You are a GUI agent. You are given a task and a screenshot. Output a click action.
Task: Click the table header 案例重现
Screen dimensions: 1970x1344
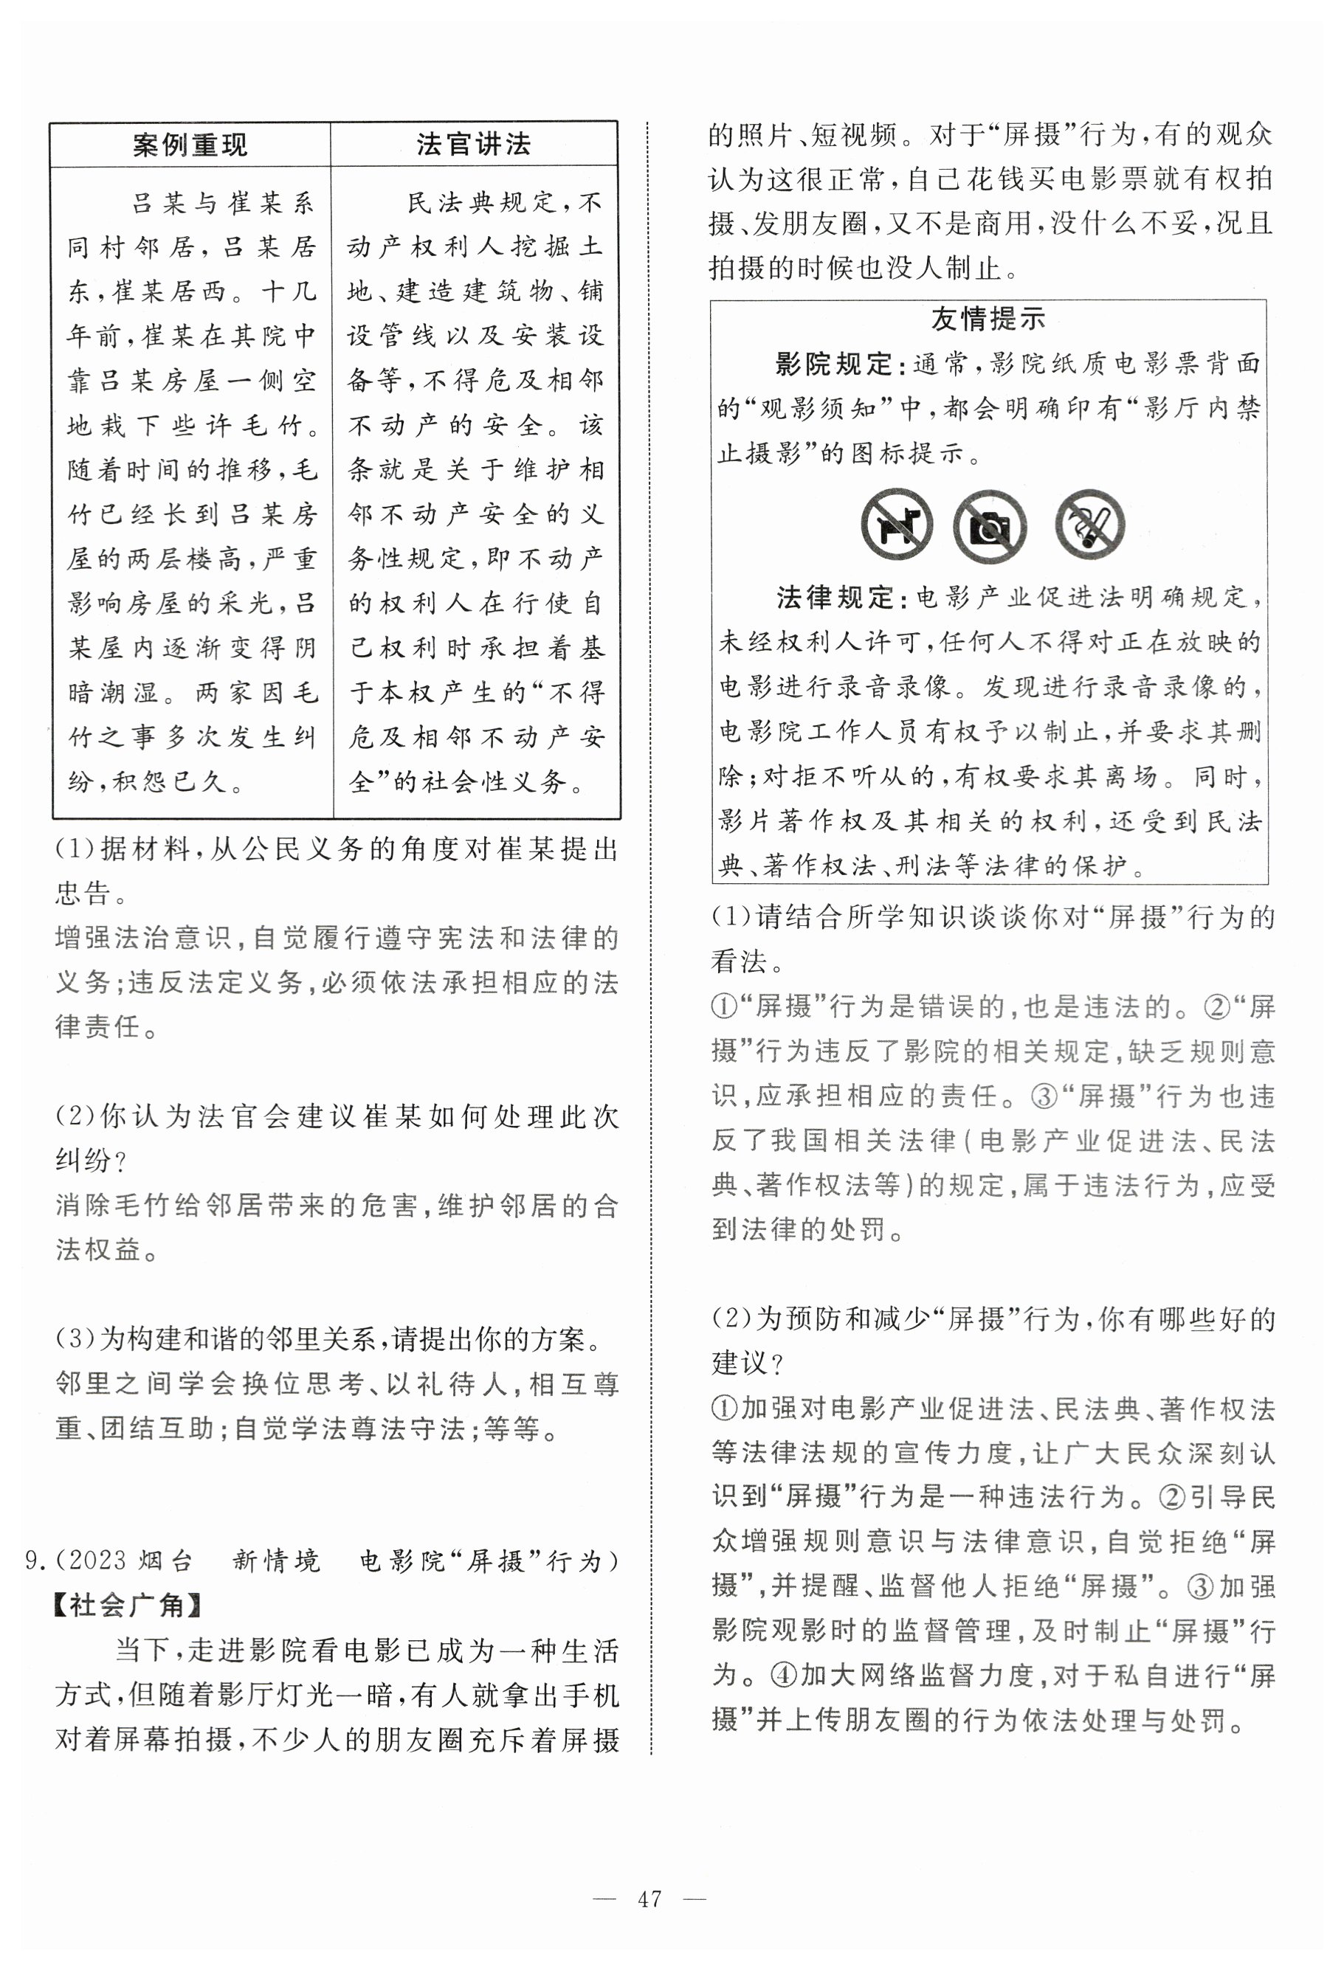point(190,145)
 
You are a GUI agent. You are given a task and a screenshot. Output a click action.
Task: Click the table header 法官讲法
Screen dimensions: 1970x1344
point(473,144)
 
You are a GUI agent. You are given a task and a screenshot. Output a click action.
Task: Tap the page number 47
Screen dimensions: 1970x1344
point(649,1898)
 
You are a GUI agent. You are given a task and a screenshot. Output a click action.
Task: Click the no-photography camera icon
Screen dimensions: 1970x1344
point(990,526)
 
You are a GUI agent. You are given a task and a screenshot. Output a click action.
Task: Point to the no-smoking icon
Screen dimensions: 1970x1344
point(1090,525)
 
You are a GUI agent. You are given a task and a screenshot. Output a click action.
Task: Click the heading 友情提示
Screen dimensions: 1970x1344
point(989,319)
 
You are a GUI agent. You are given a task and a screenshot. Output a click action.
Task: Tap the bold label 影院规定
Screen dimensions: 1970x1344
point(833,364)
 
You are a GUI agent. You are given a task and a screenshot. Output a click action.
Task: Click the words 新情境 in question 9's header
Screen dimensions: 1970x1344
point(277,1561)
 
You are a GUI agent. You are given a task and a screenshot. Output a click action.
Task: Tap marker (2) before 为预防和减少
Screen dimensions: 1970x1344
point(731,1319)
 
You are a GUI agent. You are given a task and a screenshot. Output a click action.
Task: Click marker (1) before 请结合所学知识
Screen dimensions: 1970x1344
point(731,916)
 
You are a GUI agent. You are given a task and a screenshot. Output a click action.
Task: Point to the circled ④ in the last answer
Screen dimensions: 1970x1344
point(784,1674)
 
